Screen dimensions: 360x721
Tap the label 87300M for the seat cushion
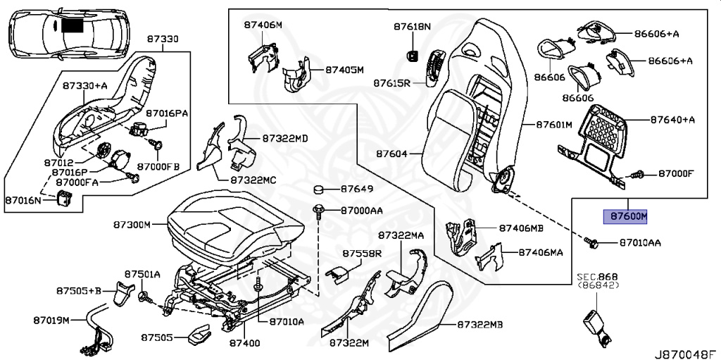132,225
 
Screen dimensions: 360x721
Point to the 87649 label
356,190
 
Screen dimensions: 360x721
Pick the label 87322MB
480,325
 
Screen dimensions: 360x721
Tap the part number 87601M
554,125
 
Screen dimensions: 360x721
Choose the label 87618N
412,27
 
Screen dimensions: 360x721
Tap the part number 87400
244,343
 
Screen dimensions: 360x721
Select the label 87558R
362,253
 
